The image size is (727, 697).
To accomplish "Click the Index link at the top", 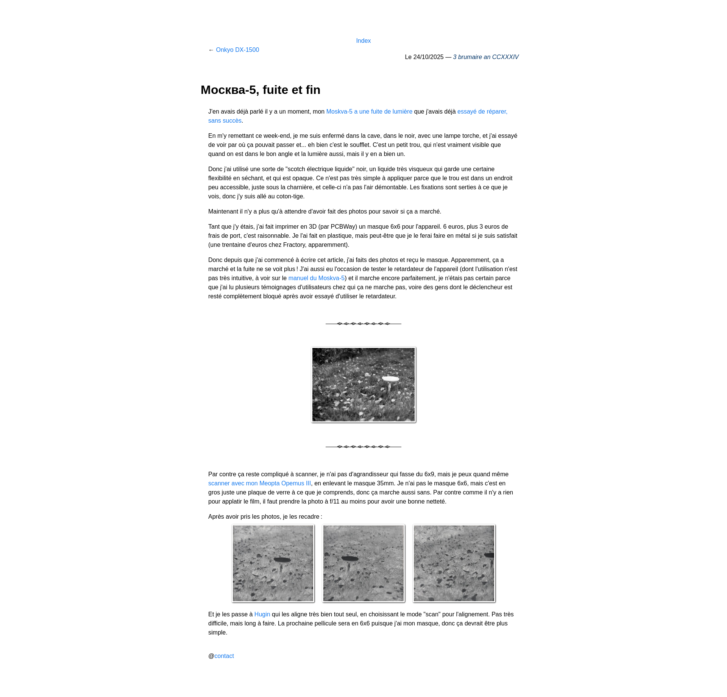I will (x=363, y=41).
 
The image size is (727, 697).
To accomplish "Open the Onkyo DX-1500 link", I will (x=237, y=50).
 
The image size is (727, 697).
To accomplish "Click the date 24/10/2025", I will (x=428, y=57).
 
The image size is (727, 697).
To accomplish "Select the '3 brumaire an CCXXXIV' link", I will (x=486, y=57).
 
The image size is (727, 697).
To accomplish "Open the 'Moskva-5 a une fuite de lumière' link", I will (x=369, y=112).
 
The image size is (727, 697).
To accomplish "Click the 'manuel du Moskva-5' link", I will (x=317, y=278).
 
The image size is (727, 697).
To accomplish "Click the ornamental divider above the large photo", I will (x=363, y=324).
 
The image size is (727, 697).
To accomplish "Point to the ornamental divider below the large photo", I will (x=363, y=447).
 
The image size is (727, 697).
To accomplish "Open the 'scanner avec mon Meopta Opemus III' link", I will (x=259, y=483).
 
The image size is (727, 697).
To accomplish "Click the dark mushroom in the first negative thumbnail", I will (x=282, y=560).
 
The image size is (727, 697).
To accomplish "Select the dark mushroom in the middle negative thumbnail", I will (x=350, y=558).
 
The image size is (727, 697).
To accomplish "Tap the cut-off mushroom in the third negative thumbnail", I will (x=490, y=555).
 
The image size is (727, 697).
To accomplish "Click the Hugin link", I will (x=262, y=614).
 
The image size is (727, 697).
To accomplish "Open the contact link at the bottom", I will (x=224, y=656).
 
